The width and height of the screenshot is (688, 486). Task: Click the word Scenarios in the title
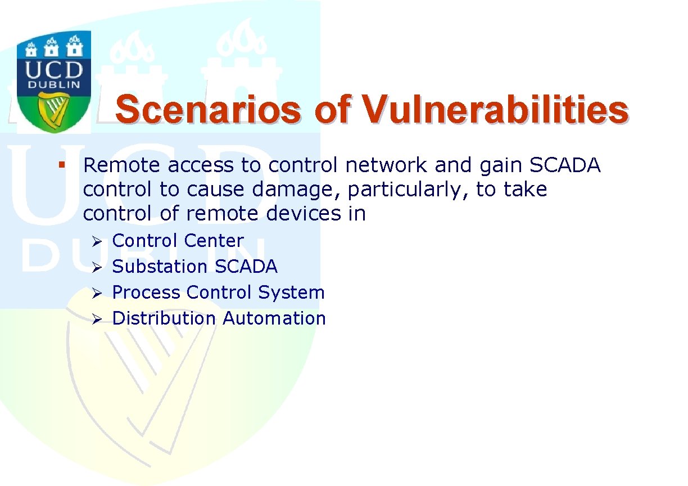(208, 110)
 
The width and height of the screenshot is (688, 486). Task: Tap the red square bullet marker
(62, 165)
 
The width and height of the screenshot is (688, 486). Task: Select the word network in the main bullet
(386, 165)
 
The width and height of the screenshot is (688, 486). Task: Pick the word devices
(304, 213)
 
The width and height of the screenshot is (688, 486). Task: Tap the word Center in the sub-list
(214, 240)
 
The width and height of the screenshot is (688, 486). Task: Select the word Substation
(160, 266)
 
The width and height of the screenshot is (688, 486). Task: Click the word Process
(146, 292)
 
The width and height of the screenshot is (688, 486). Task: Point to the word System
(291, 292)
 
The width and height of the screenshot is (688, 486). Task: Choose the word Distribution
(164, 318)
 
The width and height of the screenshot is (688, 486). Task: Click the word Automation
(274, 318)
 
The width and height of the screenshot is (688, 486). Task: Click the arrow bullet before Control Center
(97, 242)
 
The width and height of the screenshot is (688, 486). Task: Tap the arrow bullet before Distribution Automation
(97, 319)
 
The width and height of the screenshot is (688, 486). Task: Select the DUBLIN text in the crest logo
(54, 84)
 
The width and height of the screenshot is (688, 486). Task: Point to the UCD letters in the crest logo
(54, 70)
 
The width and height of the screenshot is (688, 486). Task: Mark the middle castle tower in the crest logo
(51, 47)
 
